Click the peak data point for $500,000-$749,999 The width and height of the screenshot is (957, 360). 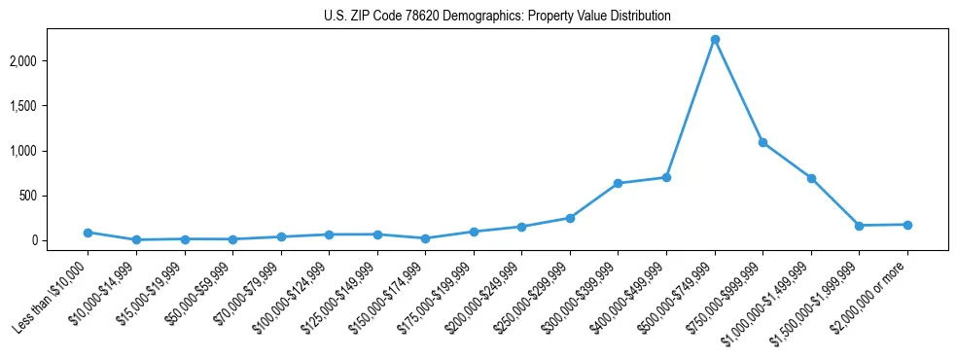(715, 40)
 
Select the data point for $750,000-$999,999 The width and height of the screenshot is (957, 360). (762, 143)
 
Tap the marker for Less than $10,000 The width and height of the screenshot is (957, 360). (88, 233)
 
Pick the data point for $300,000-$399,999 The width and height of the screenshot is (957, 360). (618, 184)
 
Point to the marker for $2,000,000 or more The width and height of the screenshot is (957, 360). (907, 225)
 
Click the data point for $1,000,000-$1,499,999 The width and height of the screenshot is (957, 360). (811, 178)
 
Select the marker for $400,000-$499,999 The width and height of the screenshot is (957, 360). (666, 177)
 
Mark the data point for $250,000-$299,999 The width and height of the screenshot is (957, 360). (570, 218)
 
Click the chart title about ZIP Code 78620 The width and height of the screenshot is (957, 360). (497, 17)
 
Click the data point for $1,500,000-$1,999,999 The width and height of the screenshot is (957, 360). (859, 226)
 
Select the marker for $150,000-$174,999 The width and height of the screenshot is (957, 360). (425, 238)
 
